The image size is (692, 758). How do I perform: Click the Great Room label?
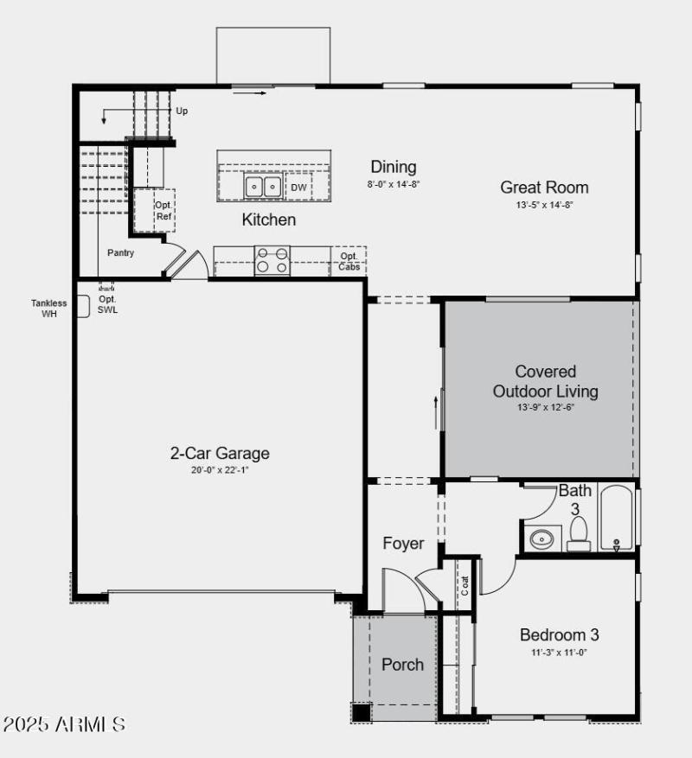[x=544, y=188]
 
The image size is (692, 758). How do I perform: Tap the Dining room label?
[x=393, y=167]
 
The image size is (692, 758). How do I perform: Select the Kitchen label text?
[x=268, y=220]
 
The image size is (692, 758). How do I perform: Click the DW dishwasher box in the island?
[x=298, y=187]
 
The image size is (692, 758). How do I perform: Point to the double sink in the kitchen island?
[x=262, y=186]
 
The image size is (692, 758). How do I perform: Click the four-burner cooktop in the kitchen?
[x=272, y=261]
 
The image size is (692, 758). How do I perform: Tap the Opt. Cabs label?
[x=349, y=261]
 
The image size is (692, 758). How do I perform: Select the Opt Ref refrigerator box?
[x=163, y=211]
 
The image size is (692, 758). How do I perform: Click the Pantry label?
[x=120, y=253]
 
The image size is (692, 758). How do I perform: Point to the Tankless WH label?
[x=48, y=308]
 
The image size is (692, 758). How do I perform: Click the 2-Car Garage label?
[x=219, y=453]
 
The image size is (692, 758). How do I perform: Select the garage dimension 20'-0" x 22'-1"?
[x=219, y=470]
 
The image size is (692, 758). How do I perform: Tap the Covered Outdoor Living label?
[x=545, y=381]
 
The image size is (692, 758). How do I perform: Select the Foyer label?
[x=403, y=544]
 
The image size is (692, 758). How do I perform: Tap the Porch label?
[x=402, y=665]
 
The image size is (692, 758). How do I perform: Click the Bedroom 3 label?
[x=559, y=634]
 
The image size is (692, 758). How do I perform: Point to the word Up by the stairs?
[x=182, y=111]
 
